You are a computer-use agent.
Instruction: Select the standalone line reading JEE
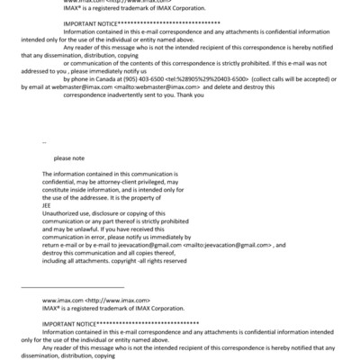coord(48,204)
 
